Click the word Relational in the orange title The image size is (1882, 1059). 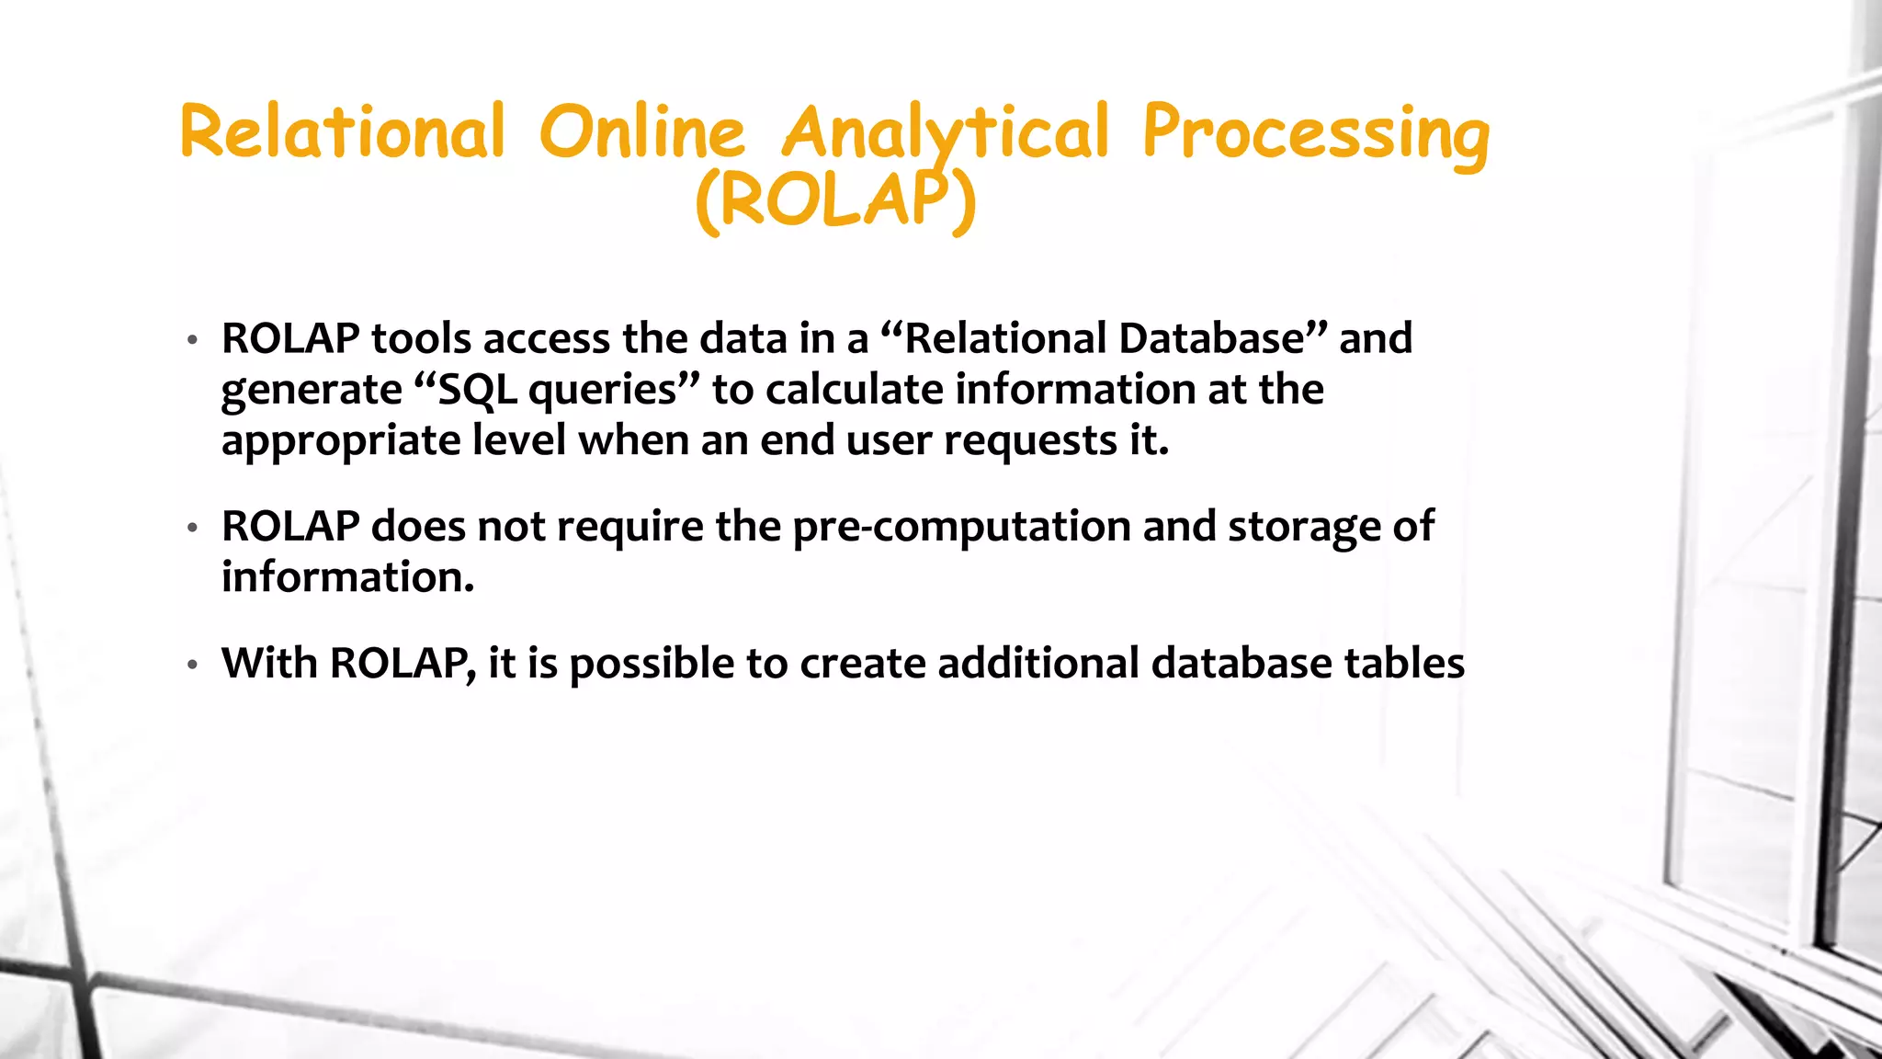click(x=342, y=131)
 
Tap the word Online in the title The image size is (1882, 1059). click(x=641, y=131)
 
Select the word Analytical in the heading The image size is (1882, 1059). click(x=946, y=131)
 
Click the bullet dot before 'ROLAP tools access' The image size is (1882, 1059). click(x=192, y=341)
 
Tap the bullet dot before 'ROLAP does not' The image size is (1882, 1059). click(x=192, y=529)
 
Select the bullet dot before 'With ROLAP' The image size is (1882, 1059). click(x=192, y=665)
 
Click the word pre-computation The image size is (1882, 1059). click(x=961, y=527)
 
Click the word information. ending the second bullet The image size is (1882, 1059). click(x=347, y=577)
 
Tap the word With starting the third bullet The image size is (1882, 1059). click(x=269, y=663)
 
